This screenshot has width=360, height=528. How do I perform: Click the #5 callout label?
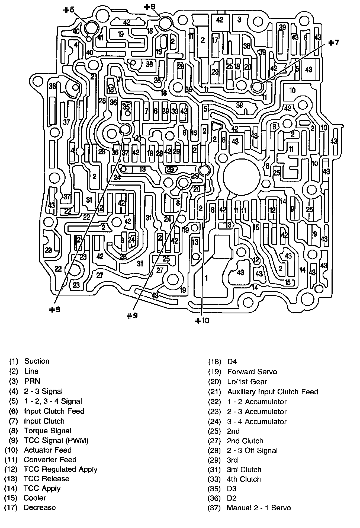[x=68, y=10]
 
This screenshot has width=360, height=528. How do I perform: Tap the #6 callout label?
[x=150, y=7]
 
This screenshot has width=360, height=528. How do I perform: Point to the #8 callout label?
[x=54, y=309]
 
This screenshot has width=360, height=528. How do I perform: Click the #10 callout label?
[x=202, y=320]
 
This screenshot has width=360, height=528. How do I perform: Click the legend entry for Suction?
[x=37, y=361]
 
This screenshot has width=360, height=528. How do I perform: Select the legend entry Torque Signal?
[x=47, y=431]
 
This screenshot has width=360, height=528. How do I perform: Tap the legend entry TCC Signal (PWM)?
[x=56, y=440]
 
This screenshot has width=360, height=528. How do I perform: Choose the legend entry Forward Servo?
[x=252, y=371]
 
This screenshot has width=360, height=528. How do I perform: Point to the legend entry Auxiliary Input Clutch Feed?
[x=272, y=392]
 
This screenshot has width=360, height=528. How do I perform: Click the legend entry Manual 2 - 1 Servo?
[x=259, y=508]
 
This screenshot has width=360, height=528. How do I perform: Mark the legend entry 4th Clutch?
[x=244, y=479]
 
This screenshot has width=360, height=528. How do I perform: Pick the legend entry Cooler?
[x=35, y=498]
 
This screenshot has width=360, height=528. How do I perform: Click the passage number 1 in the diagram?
[x=206, y=278]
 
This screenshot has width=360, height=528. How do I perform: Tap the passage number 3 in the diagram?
[x=239, y=20]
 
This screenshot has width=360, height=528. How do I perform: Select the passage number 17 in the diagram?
[x=215, y=40]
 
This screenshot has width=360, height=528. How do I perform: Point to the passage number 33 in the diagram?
[x=175, y=111]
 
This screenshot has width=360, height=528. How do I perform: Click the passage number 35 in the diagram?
[x=126, y=107]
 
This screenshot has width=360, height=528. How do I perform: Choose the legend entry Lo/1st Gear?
[x=247, y=381]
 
